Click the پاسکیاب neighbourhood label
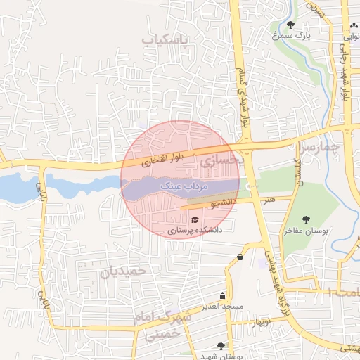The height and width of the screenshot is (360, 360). coord(165,41)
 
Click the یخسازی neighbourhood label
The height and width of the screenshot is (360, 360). coord(221,161)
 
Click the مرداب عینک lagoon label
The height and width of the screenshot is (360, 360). coord(182,186)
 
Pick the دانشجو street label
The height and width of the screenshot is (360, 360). coord(222,202)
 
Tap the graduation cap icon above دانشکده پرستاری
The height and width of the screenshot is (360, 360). coord(194,220)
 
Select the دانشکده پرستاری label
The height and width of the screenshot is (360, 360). coord(195,230)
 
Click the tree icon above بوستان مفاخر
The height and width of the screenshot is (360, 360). coord(305,219)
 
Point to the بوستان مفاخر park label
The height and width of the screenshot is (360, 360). coord(304,230)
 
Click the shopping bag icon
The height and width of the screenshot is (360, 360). coord(240,257)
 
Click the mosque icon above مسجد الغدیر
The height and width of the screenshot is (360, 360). coord(223,296)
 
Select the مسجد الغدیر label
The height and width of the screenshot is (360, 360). coord(222,306)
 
